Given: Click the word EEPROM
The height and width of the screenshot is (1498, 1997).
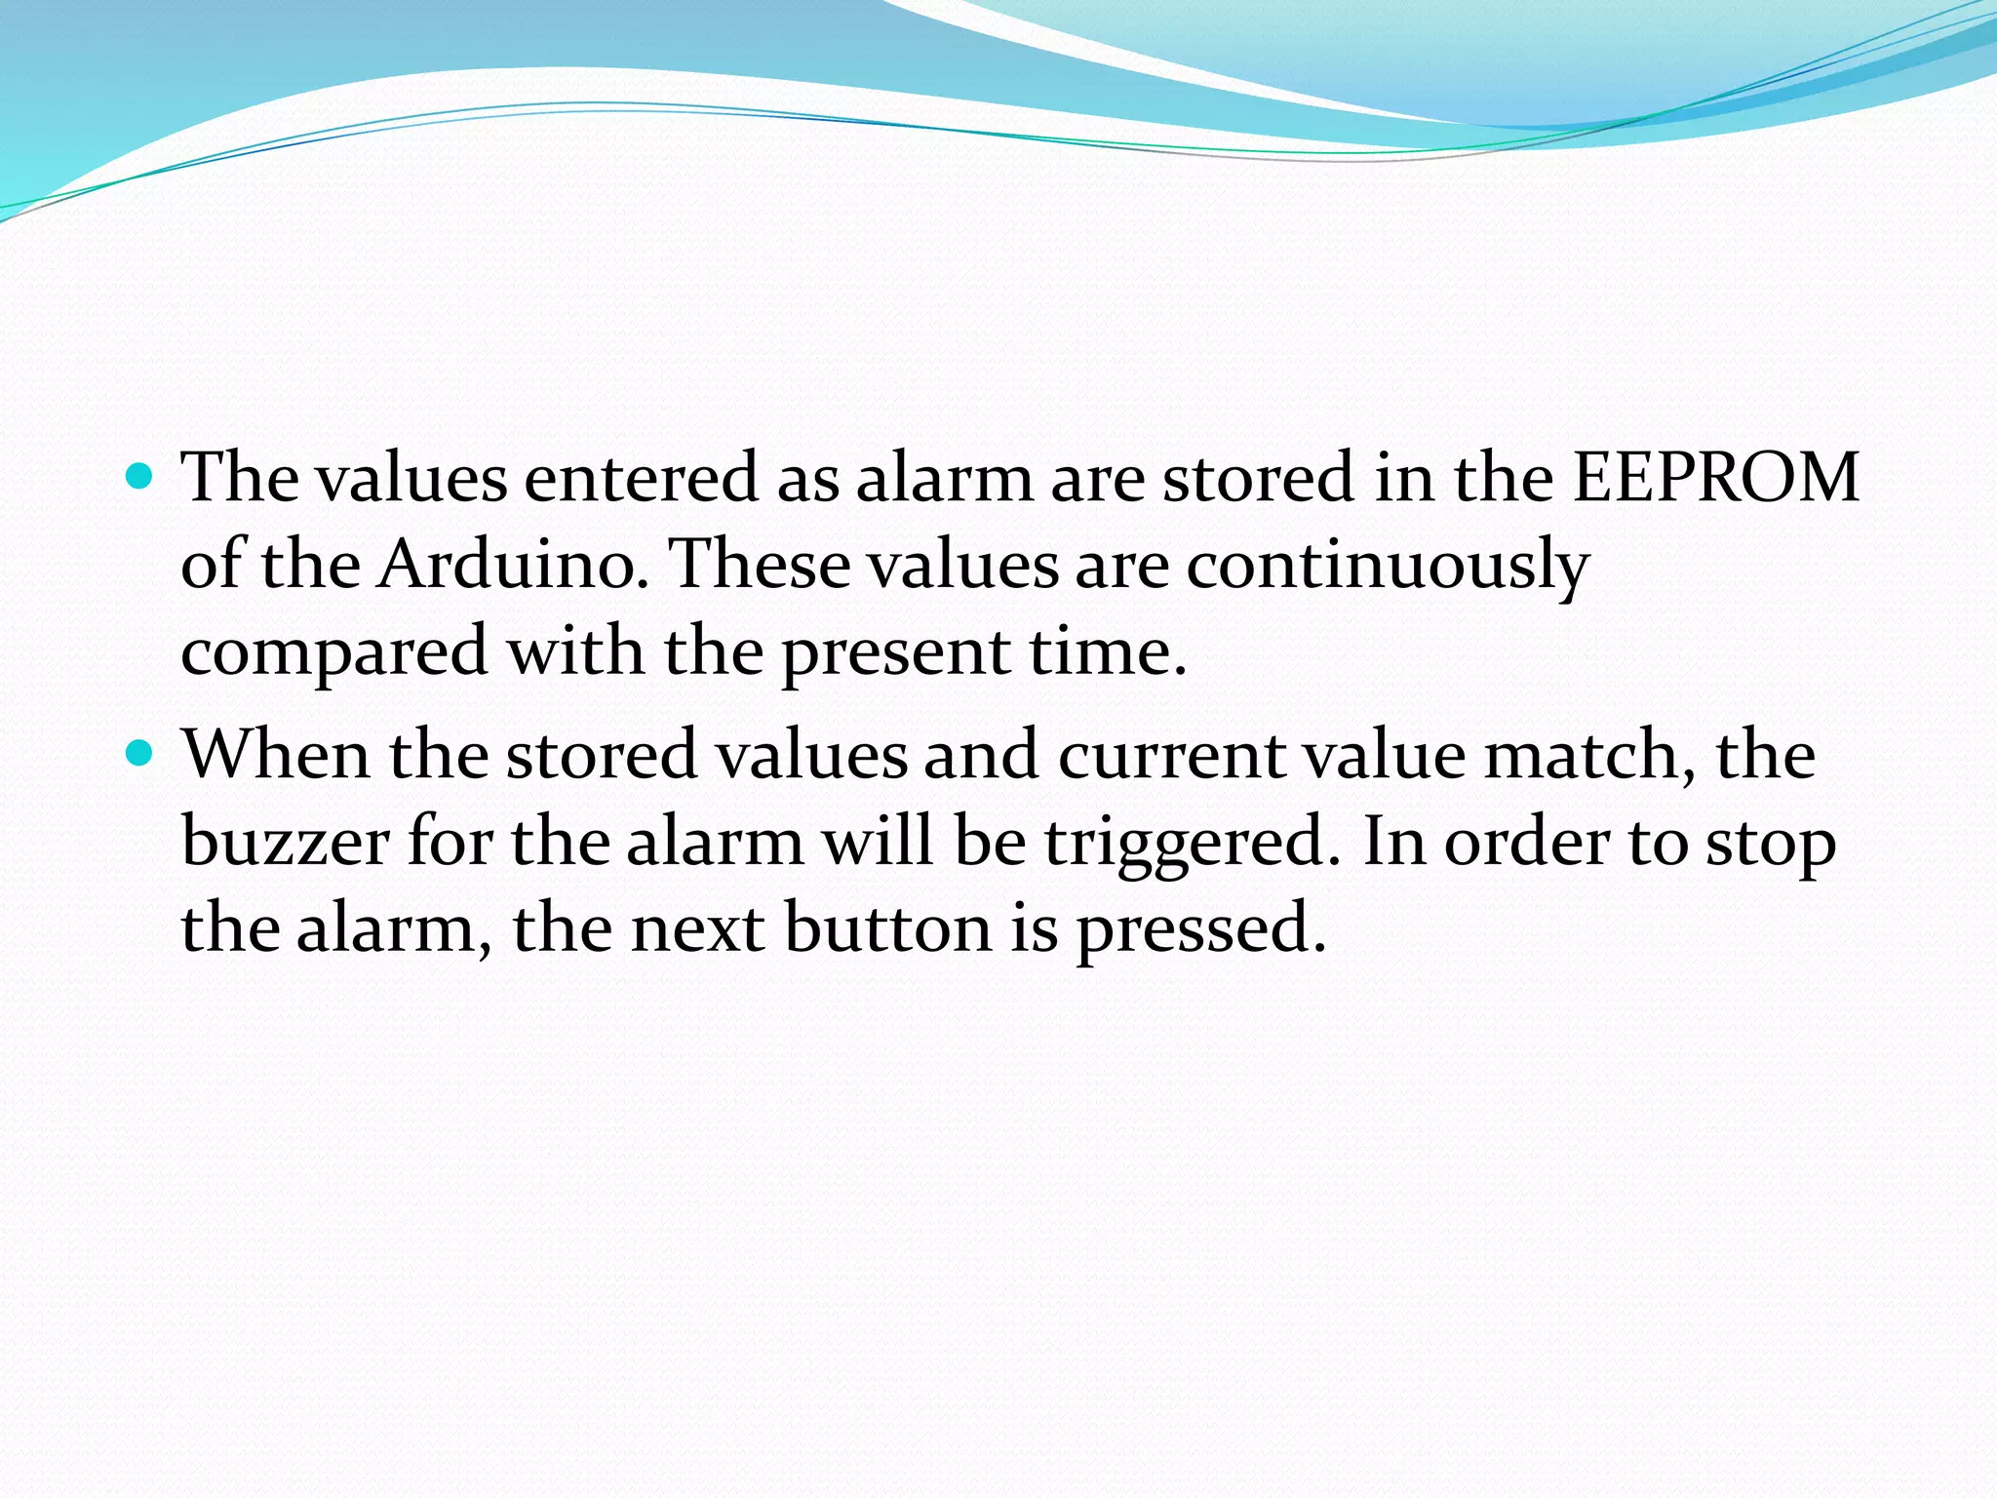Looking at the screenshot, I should coord(1715,478).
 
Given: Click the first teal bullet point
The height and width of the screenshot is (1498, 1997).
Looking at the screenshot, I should coord(140,476).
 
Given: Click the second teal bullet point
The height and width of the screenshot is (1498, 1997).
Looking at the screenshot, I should coord(140,753).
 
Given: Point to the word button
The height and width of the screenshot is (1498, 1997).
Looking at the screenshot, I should coord(887,927).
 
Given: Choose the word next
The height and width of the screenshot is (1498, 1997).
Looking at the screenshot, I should coord(697,927).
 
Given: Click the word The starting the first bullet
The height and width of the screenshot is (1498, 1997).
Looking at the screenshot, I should coord(240,478).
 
